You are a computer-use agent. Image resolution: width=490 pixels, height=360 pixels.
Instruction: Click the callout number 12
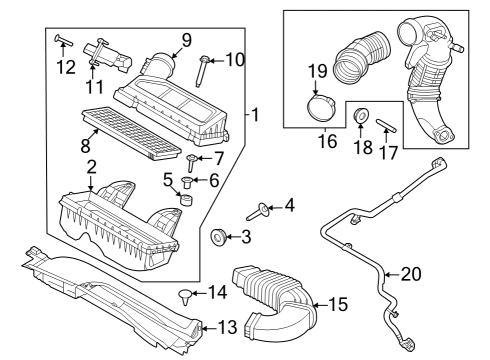click(x=66, y=67)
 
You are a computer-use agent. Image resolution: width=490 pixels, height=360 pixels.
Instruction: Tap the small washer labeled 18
click(x=361, y=119)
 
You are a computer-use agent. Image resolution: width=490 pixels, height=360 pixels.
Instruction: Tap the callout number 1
click(x=256, y=115)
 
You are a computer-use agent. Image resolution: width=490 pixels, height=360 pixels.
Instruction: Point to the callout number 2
click(x=91, y=166)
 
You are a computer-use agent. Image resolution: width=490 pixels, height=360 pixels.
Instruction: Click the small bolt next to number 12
click(x=63, y=41)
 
